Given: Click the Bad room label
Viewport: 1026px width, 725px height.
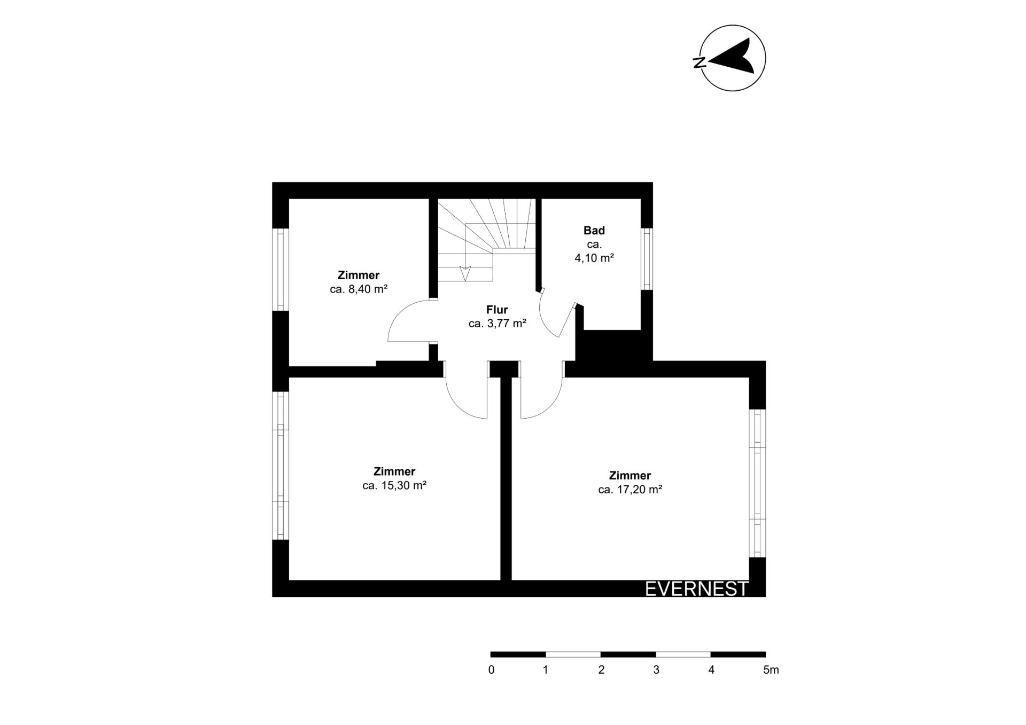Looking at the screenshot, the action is [594, 231].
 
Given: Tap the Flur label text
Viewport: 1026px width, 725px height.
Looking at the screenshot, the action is [497, 310].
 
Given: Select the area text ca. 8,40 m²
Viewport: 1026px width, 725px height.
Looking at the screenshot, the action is [359, 289].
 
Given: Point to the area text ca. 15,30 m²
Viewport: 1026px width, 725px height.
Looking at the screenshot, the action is [394, 485].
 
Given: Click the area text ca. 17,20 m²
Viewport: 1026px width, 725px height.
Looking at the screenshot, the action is [630, 489].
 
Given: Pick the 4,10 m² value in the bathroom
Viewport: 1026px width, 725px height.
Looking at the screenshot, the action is [594, 258].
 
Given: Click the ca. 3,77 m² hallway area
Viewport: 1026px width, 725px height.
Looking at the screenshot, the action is [498, 324].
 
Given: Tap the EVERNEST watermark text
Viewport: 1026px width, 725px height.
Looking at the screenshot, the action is [697, 588].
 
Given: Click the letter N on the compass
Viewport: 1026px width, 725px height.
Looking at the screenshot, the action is [698, 62].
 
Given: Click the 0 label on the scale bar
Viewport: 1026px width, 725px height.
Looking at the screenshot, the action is [491, 670].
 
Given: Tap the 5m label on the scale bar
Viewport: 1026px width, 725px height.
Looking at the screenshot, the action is [771, 670].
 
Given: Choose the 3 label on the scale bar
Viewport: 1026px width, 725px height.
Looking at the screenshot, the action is [656, 670].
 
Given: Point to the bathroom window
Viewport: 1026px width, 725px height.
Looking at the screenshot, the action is [647, 259].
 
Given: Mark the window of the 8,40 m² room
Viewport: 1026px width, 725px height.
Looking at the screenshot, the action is [281, 269].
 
